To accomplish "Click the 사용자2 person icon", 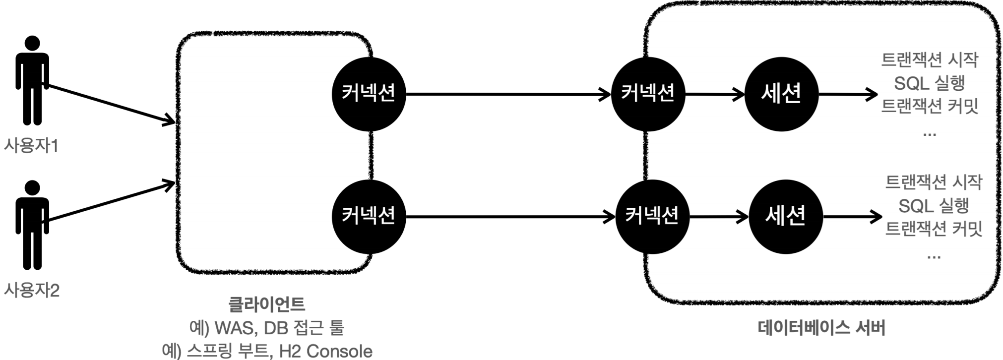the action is click(32, 225).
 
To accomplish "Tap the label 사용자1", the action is click(31, 146).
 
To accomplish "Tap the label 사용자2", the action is click(32, 290).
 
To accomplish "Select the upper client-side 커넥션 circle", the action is click(369, 94).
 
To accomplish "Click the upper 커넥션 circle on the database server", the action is click(648, 94).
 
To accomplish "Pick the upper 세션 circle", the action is click(781, 94).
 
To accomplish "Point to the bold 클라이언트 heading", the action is click(267, 304).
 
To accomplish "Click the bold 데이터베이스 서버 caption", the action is click(822, 328).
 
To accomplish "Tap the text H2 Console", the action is click(325, 351).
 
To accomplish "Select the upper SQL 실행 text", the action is click(930, 83).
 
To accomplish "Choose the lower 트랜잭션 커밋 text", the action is click(934, 229).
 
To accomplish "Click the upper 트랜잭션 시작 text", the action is click(930, 60).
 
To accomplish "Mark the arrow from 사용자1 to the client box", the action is click(112, 104).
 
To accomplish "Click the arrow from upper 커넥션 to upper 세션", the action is click(715, 94).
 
